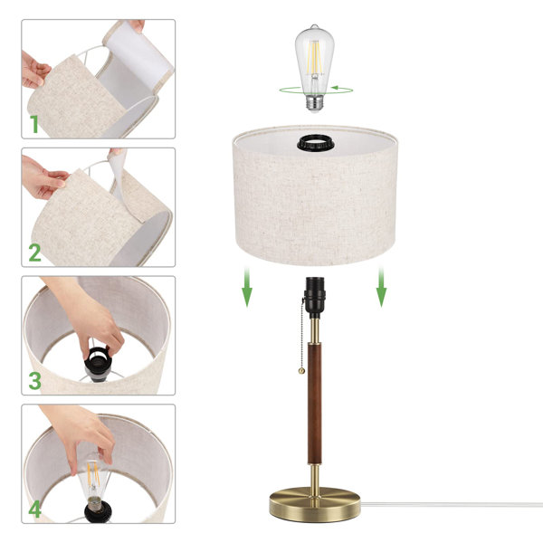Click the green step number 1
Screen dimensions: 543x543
(x=34, y=123)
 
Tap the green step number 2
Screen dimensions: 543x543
(x=34, y=252)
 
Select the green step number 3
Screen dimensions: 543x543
(x=34, y=380)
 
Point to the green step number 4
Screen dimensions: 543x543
(x=34, y=509)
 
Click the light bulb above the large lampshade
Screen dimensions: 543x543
(x=313, y=54)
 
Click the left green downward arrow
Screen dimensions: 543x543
(x=247, y=289)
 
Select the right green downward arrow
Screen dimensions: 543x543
(x=381, y=289)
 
